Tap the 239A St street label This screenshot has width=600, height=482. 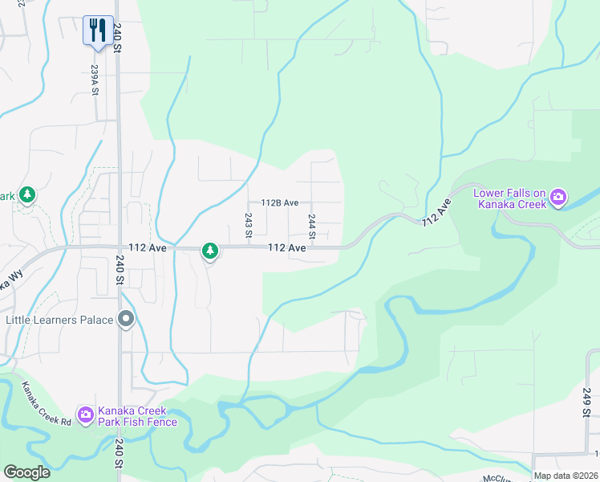tap(95, 80)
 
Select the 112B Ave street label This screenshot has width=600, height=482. tap(279, 203)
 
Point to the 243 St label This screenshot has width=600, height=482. tap(249, 226)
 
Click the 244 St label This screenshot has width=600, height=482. tap(312, 226)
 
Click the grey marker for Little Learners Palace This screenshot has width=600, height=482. tap(125, 320)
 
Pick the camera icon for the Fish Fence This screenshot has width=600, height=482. tap(85, 415)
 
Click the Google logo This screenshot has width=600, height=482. tap(26, 472)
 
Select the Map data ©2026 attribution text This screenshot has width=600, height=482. tap(565, 476)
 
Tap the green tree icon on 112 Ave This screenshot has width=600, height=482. tap(210, 251)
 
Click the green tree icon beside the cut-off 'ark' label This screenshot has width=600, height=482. tap(27, 195)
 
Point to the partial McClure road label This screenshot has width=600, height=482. tap(501, 478)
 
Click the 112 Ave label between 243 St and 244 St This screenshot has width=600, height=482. tap(286, 249)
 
